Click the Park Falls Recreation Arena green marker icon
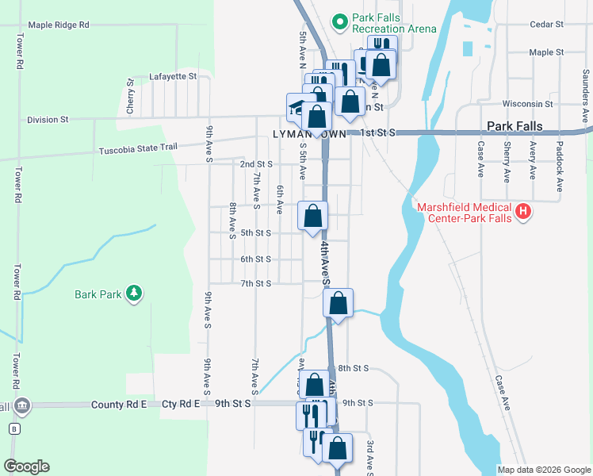point(340,21)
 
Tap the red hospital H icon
point(522,211)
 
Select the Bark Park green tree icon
point(135,294)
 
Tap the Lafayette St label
point(172,76)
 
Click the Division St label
point(48,120)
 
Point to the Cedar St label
point(547,25)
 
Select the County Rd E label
point(119,404)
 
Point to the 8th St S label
point(354,369)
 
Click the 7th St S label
point(256,283)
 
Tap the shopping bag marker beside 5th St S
point(312,215)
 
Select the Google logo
point(26,466)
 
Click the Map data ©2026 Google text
point(543,470)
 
